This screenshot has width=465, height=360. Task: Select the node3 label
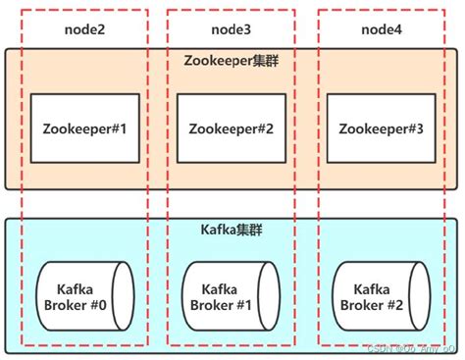230,30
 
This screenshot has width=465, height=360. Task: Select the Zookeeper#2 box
231,128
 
